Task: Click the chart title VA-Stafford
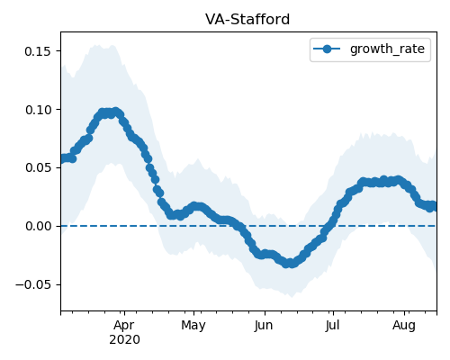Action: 247,20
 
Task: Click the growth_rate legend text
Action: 387,49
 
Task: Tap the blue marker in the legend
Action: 327,49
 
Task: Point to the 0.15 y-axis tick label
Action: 38,51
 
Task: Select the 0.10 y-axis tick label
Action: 38,110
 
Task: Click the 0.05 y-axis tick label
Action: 38,167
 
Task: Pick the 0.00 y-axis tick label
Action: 38,226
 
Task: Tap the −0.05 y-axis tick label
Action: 33,284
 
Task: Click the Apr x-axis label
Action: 124,326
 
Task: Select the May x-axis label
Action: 193,326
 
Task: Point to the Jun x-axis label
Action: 264,326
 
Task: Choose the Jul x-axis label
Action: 332,326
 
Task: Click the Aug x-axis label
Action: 404,326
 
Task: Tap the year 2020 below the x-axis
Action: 124,340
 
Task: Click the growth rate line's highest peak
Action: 115,112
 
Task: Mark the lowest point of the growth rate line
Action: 287,264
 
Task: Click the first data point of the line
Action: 62,158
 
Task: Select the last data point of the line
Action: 435,206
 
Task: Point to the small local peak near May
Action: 195,206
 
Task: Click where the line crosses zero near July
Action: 329,226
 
